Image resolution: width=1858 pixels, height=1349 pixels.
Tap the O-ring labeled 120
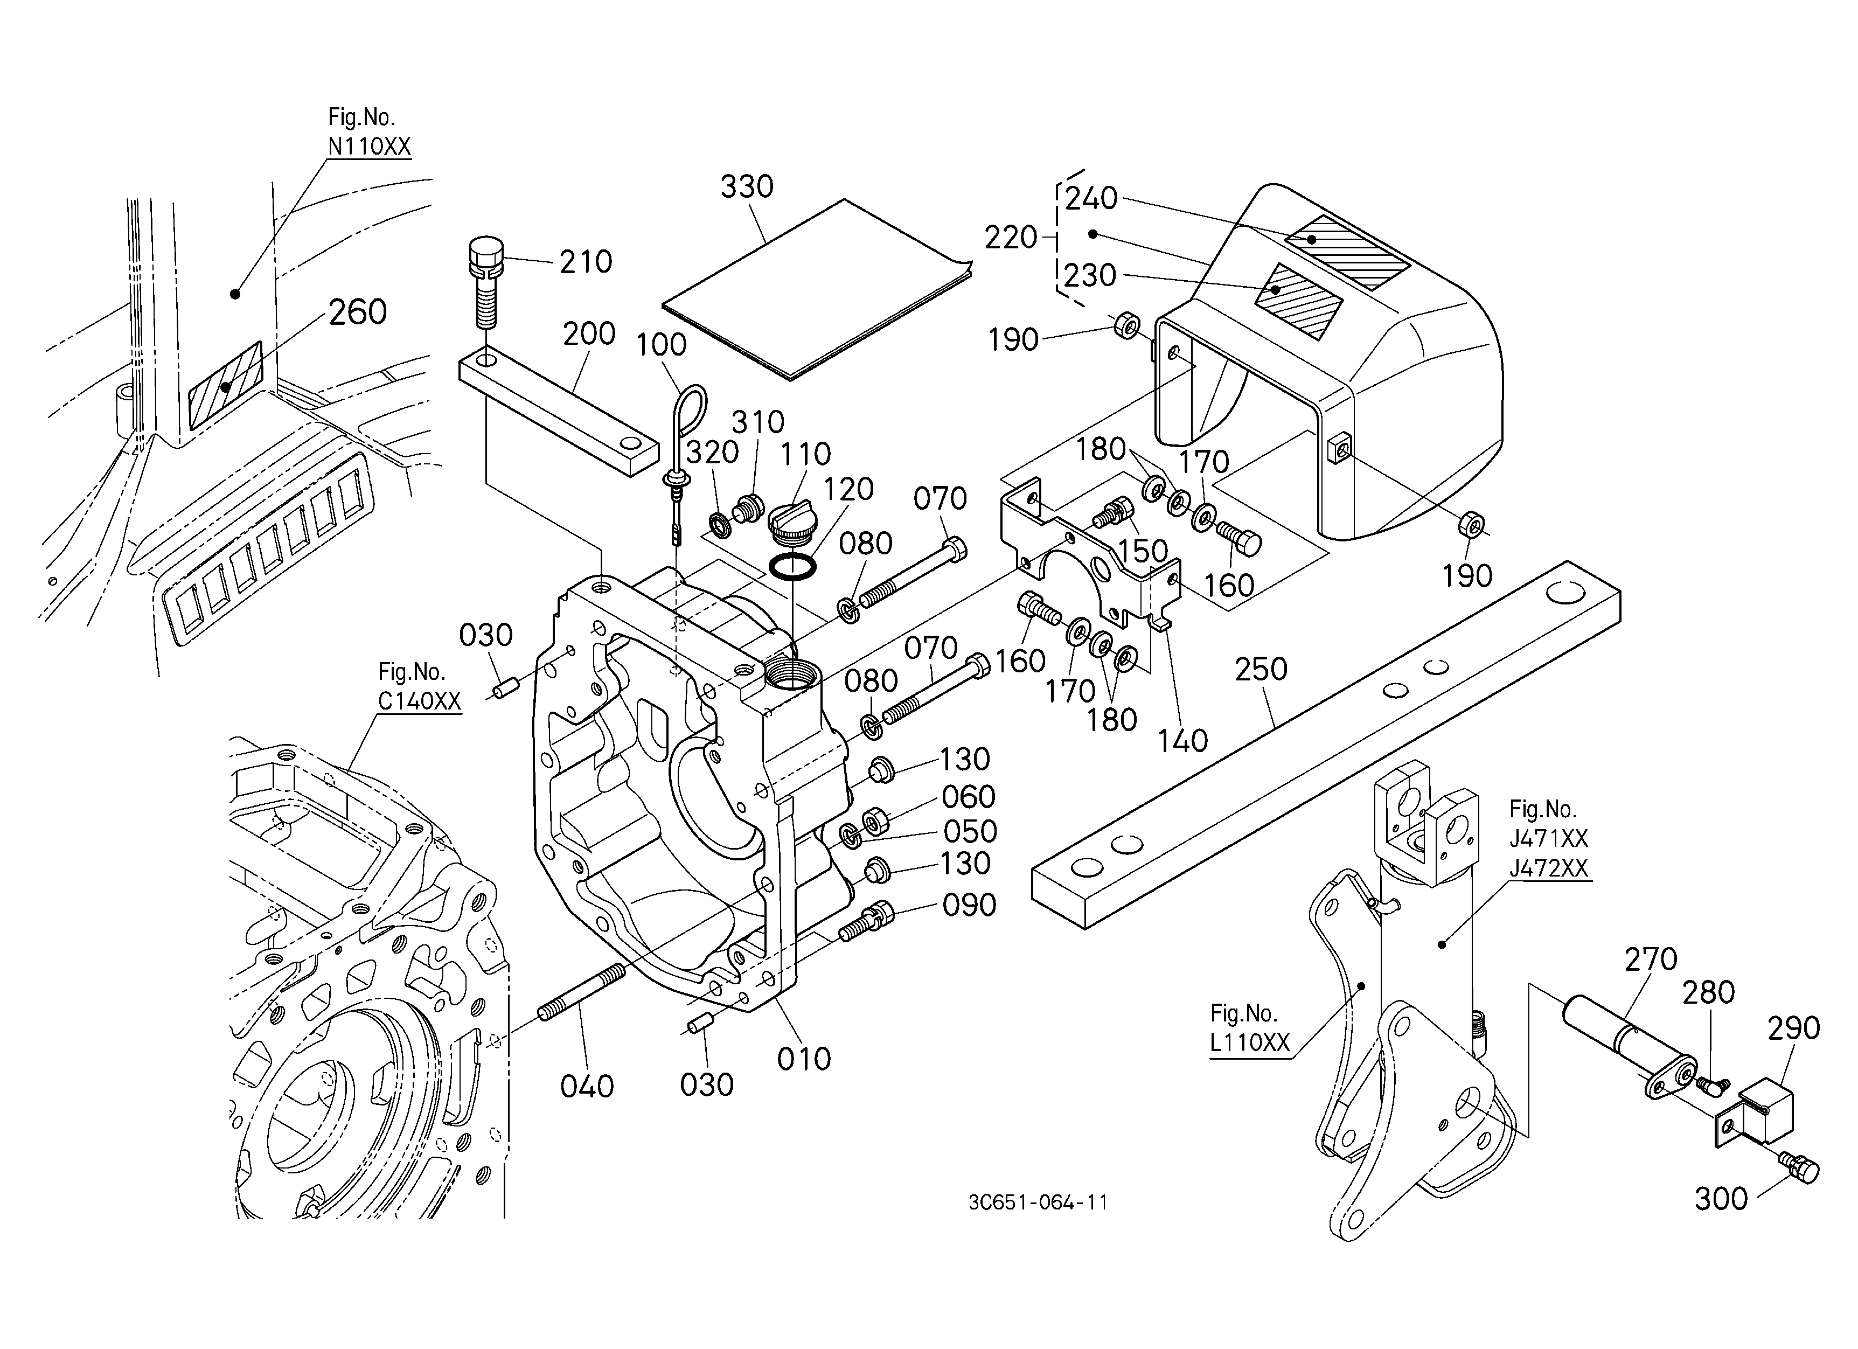click(792, 566)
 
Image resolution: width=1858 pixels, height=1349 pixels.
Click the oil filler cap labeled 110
click(793, 521)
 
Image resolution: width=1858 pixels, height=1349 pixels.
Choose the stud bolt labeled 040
click(582, 993)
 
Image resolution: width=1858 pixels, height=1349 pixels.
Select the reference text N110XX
click(370, 147)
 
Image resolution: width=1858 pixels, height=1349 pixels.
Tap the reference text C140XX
click(420, 701)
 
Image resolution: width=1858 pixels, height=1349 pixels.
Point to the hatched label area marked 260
click(225, 386)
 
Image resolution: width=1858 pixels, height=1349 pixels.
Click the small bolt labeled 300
click(1799, 1165)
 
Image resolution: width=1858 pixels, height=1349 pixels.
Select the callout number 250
click(1262, 670)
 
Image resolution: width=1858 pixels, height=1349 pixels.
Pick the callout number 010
click(804, 1059)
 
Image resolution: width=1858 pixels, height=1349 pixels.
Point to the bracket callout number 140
click(1183, 740)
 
